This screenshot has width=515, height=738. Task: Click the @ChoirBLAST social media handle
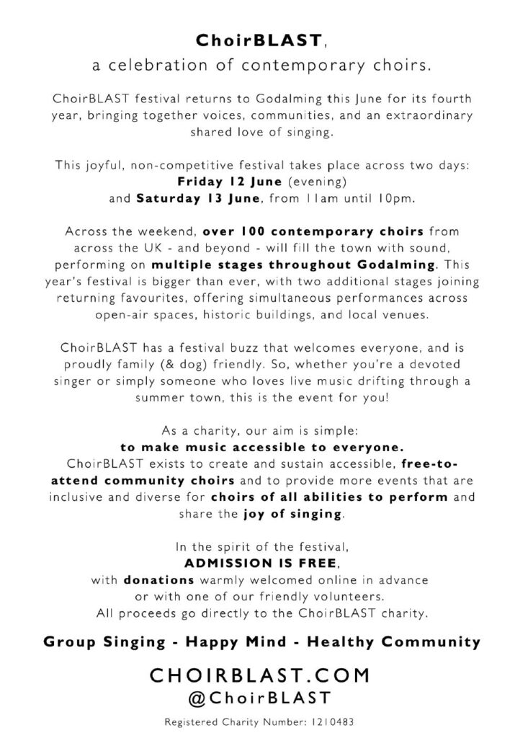[x=259, y=698]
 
